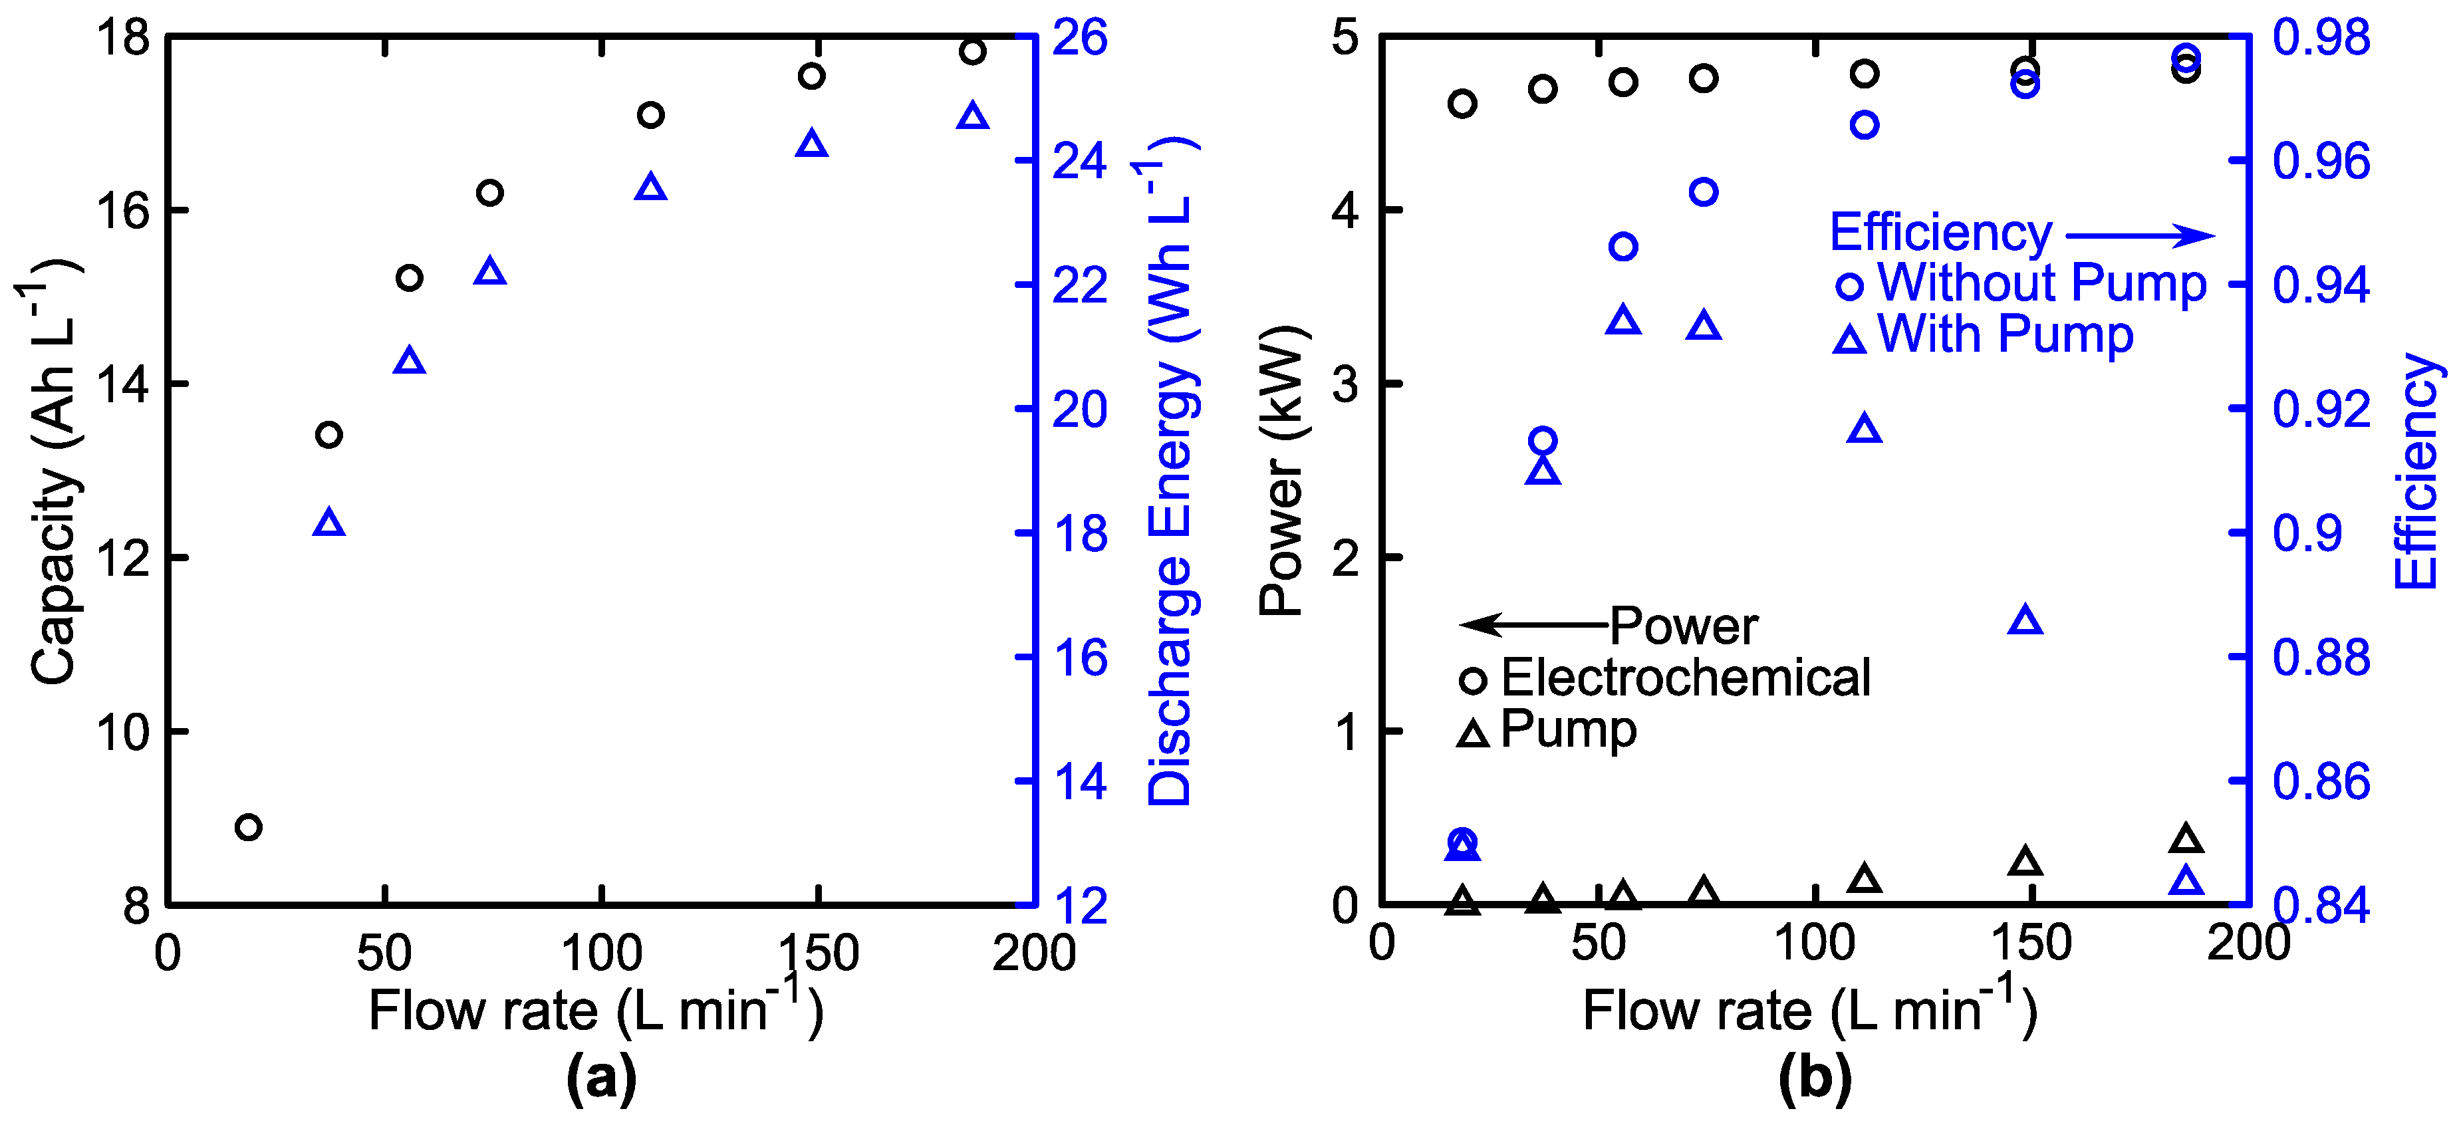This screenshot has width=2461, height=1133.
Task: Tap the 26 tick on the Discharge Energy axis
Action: (x=1079, y=38)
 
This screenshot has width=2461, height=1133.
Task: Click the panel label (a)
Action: (x=601, y=1078)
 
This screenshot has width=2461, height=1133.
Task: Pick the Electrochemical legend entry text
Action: (x=1685, y=678)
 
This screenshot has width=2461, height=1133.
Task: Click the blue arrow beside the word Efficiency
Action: (x=2140, y=235)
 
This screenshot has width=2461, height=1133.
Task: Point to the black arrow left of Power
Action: (x=1534, y=626)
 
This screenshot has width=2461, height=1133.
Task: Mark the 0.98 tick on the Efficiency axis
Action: (x=2321, y=38)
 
